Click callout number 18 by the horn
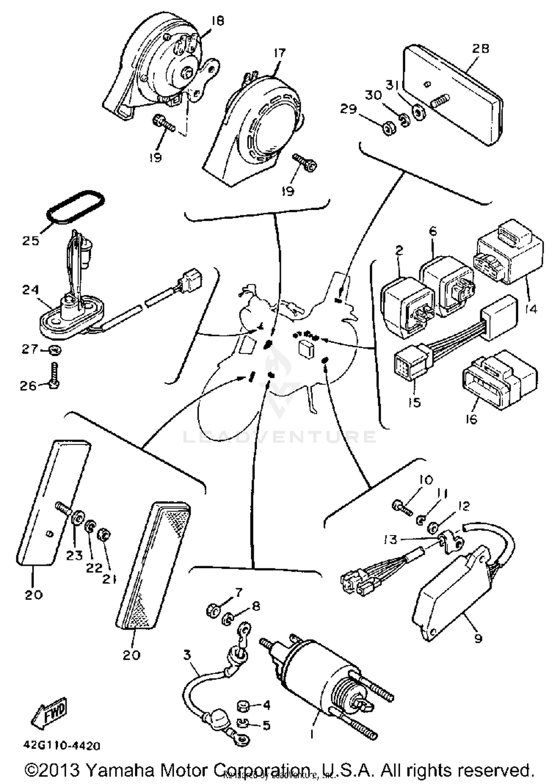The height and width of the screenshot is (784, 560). (x=217, y=21)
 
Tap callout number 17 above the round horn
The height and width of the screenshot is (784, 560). (x=279, y=53)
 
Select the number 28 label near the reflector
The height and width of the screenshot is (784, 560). (x=480, y=49)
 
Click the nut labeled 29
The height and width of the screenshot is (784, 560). (x=389, y=128)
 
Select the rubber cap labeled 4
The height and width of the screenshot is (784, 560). (x=243, y=706)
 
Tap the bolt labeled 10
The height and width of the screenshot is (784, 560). (x=401, y=508)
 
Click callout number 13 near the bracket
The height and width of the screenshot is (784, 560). (x=391, y=539)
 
